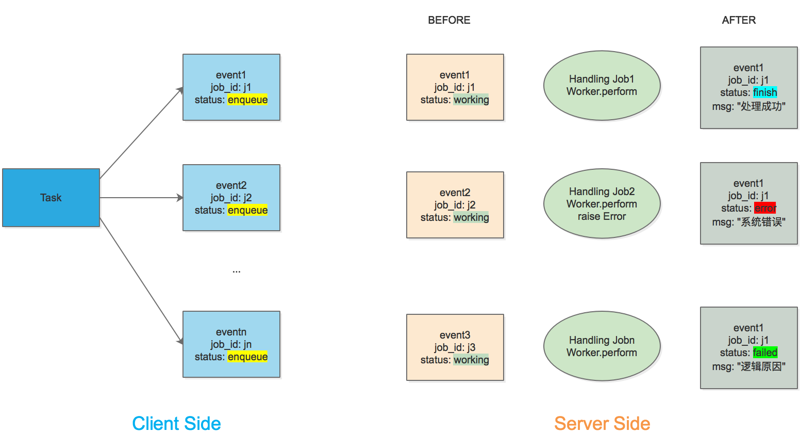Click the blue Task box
(x=51, y=198)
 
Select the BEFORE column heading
(x=449, y=20)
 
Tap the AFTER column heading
(x=739, y=20)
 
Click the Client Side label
(x=176, y=424)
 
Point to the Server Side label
(x=602, y=424)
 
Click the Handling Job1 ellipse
(x=602, y=86)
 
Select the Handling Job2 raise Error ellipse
(x=602, y=204)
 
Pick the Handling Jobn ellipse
(x=602, y=346)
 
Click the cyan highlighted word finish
(x=765, y=92)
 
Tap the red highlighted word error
(x=765, y=208)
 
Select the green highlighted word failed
(x=765, y=353)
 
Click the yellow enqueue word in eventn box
(x=247, y=357)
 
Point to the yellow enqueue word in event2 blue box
(x=247, y=210)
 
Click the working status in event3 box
(x=471, y=360)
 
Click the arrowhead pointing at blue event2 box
(x=179, y=198)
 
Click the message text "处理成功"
(x=761, y=107)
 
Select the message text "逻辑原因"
(x=761, y=367)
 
